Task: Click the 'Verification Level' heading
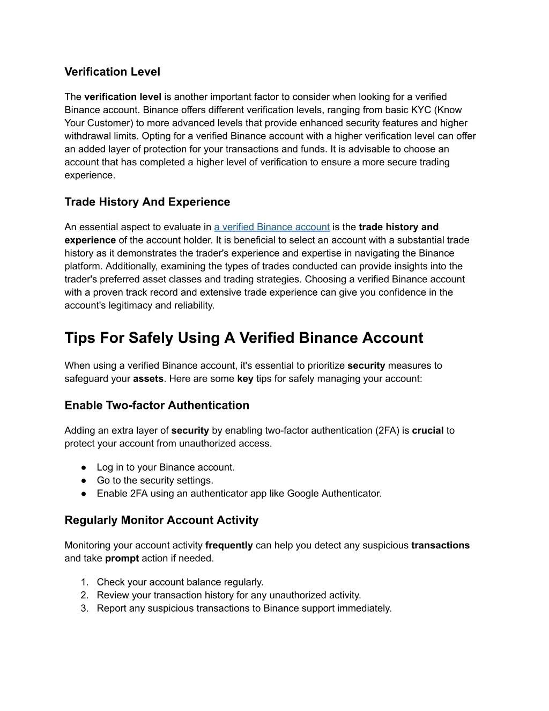point(112,72)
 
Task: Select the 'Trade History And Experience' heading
point(147,202)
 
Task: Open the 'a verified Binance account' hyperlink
point(271,227)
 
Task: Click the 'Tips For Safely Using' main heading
point(243,338)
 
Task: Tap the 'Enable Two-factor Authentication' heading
point(157,406)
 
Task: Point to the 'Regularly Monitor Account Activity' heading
point(161,521)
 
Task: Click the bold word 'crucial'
point(427,430)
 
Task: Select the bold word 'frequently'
point(229,545)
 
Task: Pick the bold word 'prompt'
point(122,558)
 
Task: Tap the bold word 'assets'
point(148,379)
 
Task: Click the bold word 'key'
point(245,379)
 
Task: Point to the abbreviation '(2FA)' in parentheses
point(387,430)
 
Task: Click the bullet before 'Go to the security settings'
point(85,481)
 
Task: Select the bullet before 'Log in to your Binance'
point(85,467)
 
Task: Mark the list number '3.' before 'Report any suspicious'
point(84,609)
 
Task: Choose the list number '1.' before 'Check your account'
point(84,582)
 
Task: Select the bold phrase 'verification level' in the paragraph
point(123,97)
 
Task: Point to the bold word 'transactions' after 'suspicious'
point(440,545)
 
